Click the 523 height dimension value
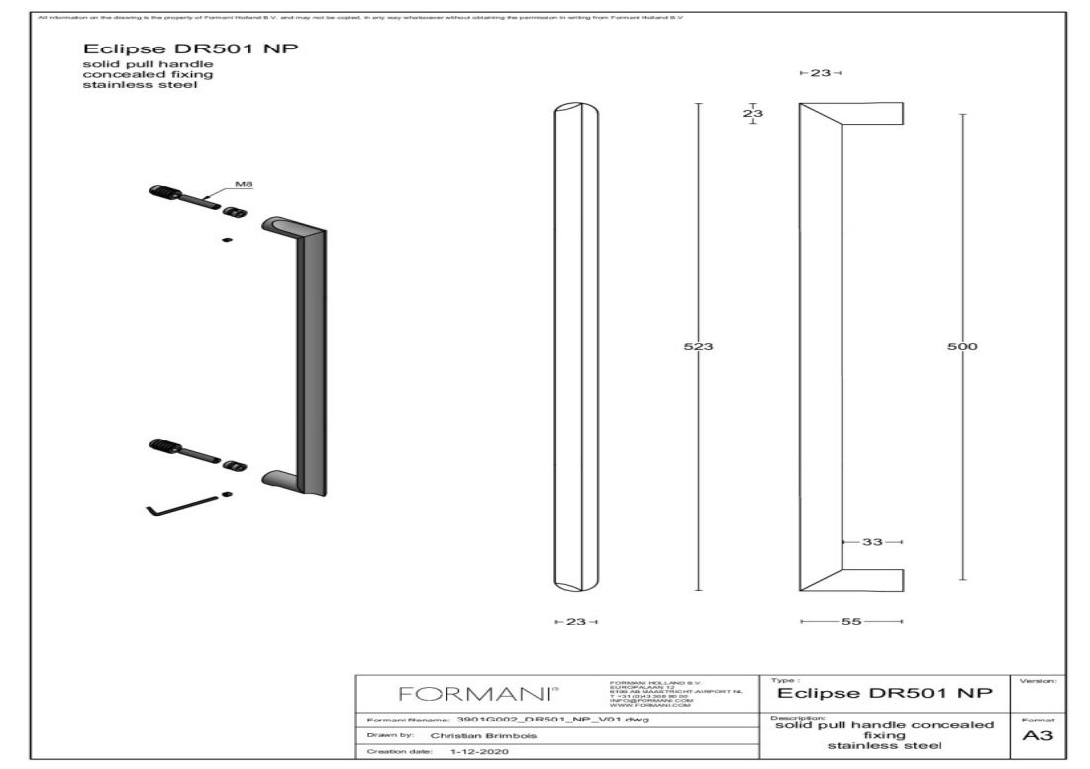tap(699, 347)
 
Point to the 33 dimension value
tap(871, 542)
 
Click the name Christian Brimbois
tap(483, 736)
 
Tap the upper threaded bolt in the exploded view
tap(178, 193)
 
